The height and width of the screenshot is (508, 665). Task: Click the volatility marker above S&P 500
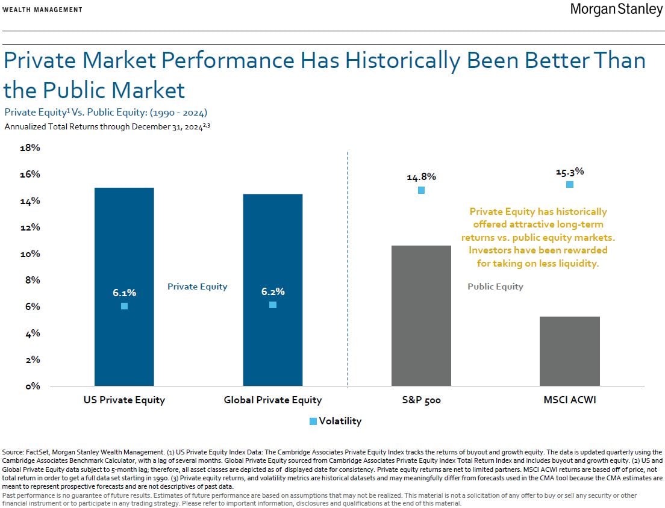coord(421,190)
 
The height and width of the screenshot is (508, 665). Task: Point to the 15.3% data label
coord(569,172)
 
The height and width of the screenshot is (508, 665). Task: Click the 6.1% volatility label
coord(124,293)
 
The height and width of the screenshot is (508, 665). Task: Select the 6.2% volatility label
coord(273,292)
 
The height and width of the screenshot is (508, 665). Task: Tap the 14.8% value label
coord(421,177)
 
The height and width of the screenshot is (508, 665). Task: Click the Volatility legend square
coord(313,421)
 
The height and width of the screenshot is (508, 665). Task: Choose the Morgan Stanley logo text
coord(616,10)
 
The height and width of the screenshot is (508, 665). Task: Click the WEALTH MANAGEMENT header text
coord(43,10)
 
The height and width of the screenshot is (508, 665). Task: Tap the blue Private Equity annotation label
coord(198,287)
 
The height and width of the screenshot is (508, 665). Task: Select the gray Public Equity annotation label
coord(495,287)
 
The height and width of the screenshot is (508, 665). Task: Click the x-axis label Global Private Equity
coord(273,400)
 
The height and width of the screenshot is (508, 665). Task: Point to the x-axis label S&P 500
coord(421,400)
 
